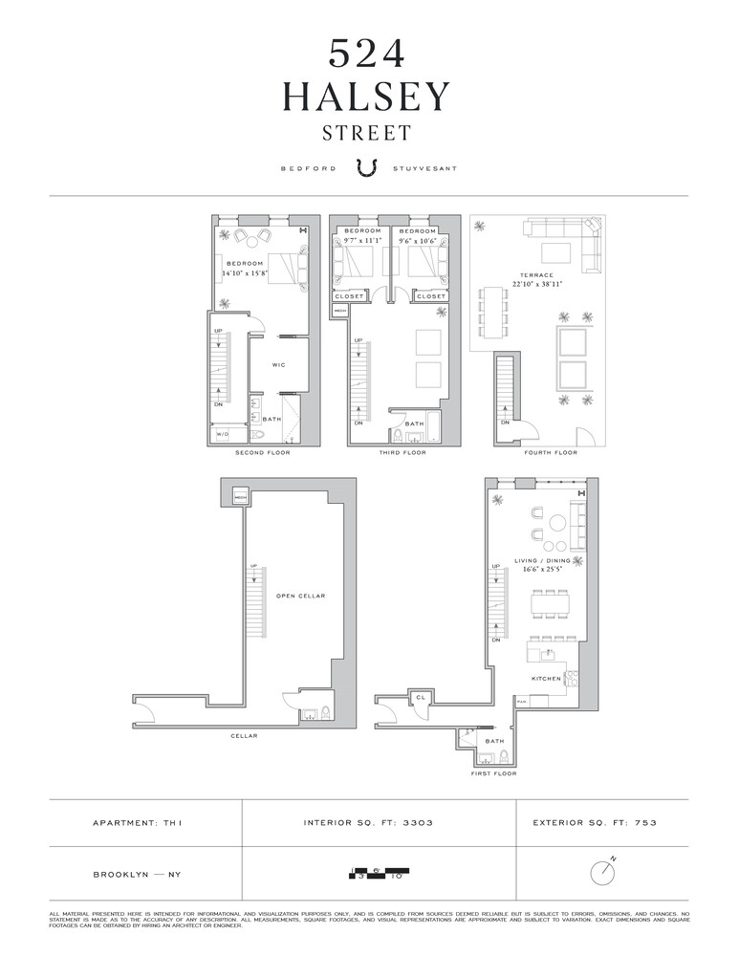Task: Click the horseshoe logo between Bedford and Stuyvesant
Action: pos(367,167)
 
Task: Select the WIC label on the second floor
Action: pos(279,364)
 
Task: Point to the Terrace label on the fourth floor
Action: pos(537,275)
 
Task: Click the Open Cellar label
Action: pos(300,596)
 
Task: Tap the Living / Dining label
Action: pos(542,560)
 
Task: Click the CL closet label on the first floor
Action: pos(420,699)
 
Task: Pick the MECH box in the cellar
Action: pos(241,496)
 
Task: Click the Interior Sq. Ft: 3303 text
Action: pos(369,822)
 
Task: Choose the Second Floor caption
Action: pos(263,452)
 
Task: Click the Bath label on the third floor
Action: pos(414,424)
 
